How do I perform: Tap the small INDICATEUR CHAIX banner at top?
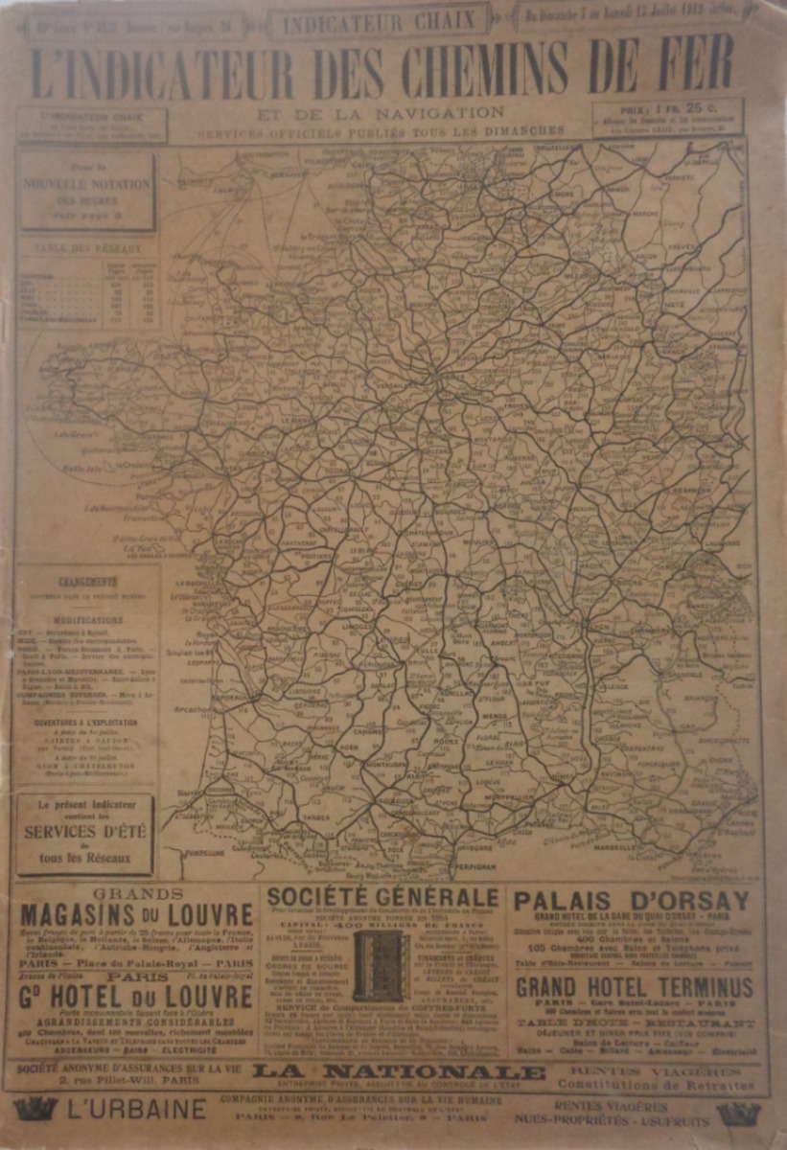click(379, 20)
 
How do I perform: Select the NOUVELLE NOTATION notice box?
click(86, 190)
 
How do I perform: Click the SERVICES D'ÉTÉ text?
click(85, 831)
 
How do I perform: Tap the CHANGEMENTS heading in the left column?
click(88, 581)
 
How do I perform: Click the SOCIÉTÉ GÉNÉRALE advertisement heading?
click(382, 897)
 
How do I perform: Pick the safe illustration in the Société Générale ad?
click(382, 966)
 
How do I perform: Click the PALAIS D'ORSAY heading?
click(632, 901)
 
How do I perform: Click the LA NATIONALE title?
click(398, 1071)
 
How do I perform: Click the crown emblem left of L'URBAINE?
click(35, 1110)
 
